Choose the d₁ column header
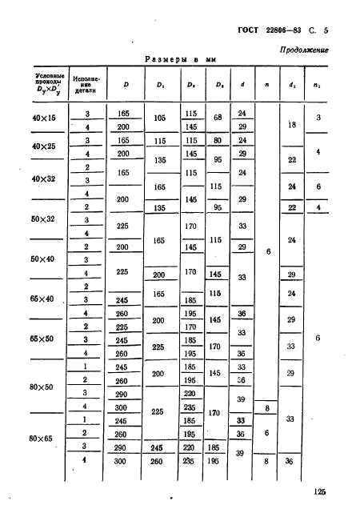pyautogui.click(x=291, y=84)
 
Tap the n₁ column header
pyautogui.click(x=318, y=84)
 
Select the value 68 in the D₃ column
pyautogui.click(x=214, y=120)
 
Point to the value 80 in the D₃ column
pyautogui.click(x=214, y=140)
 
